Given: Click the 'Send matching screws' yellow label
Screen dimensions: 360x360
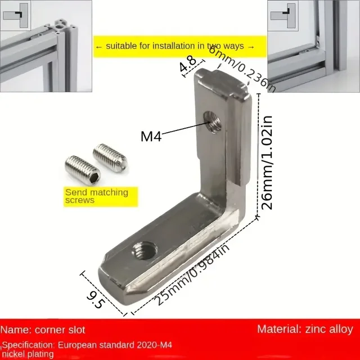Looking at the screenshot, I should click(96, 196).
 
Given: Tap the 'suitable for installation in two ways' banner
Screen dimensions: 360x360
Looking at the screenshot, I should click(174, 46).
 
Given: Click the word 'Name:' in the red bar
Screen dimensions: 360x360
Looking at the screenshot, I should click(17, 330).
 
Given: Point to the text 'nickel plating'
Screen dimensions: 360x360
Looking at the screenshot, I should click(28, 354).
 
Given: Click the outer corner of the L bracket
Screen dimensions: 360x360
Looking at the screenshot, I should click(248, 214).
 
